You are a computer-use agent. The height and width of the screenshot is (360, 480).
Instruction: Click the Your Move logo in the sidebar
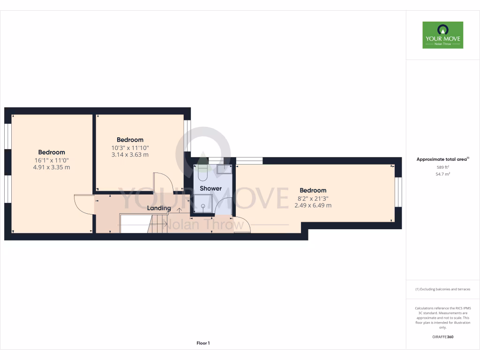pyautogui.click(x=442, y=35)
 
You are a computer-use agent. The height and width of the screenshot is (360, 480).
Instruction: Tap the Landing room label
pyautogui.click(x=159, y=208)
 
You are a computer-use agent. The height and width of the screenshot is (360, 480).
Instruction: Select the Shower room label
pyautogui.click(x=210, y=188)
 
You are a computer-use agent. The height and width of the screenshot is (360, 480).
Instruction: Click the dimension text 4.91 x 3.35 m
pyautogui.click(x=52, y=167)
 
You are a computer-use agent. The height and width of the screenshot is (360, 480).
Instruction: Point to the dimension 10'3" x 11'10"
pyautogui.click(x=130, y=148)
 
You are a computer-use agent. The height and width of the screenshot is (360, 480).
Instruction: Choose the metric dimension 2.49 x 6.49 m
pyautogui.click(x=313, y=205)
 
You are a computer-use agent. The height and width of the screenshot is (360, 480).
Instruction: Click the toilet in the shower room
pyautogui.click(x=202, y=172)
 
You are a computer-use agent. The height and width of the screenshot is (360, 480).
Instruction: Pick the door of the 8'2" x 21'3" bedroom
pyautogui.click(x=242, y=225)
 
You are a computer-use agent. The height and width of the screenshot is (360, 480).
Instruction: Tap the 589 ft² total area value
pyautogui.click(x=442, y=167)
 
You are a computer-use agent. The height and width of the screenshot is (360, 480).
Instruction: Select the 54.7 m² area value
pyautogui.click(x=442, y=174)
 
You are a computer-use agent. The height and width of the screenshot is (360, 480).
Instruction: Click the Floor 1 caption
pyautogui.click(x=203, y=344)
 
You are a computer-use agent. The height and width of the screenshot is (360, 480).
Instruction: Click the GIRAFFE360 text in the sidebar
pyautogui.click(x=442, y=337)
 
